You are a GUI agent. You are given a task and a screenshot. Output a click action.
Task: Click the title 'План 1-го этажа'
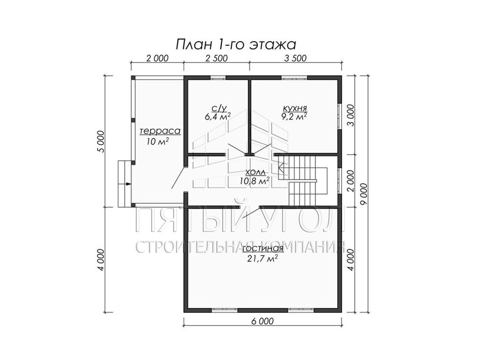(236, 45)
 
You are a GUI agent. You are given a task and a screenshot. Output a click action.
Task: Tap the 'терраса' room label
(160, 131)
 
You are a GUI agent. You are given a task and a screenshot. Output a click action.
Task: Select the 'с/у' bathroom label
(219, 108)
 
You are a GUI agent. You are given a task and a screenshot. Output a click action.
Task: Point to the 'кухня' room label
(295, 108)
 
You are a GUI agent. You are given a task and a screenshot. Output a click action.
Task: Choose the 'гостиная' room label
(263, 248)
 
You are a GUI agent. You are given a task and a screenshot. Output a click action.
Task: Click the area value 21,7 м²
(262, 258)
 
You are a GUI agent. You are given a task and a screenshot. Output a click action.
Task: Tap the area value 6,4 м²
(217, 116)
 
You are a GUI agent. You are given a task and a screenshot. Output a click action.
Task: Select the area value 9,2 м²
(294, 116)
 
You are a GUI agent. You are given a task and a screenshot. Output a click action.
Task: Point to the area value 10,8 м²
(255, 181)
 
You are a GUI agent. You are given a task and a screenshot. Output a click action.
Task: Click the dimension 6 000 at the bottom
(262, 321)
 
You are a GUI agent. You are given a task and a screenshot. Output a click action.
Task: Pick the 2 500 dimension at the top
(216, 58)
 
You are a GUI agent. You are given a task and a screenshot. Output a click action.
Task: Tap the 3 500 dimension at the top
(295, 58)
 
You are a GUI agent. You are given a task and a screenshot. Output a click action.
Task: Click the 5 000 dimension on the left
(101, 141)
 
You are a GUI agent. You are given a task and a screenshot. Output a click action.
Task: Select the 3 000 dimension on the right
(350, 115)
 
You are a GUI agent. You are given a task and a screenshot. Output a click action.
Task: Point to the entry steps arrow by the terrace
(128, 184)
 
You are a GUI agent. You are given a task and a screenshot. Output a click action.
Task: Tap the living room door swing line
(251, 212)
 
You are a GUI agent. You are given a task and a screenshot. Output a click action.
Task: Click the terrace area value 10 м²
(158, 141)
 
